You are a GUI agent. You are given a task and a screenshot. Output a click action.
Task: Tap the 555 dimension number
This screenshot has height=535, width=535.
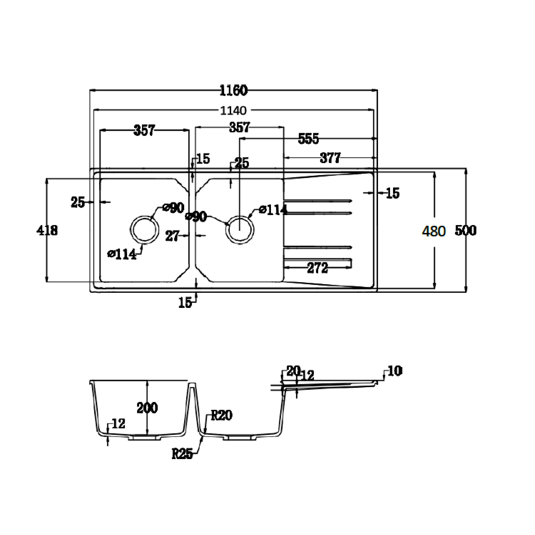[x=309, y=139]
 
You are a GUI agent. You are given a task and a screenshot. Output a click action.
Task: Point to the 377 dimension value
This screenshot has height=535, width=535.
[x=330, y=158]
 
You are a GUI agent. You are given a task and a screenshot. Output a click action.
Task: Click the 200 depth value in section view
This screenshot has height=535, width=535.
[x=147, y=408]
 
